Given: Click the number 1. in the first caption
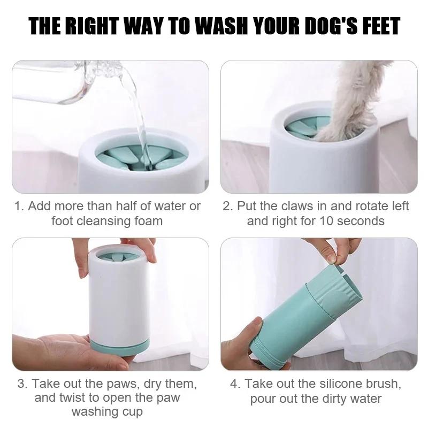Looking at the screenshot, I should point(20,206).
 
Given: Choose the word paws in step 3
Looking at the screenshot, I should point(109,384).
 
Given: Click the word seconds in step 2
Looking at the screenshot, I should point(364,221).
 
